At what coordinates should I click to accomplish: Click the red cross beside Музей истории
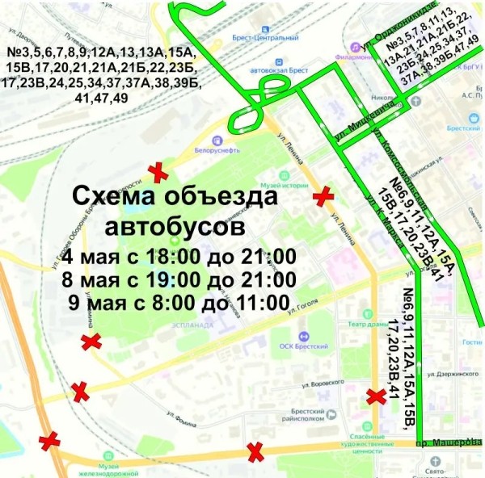coord(323,195)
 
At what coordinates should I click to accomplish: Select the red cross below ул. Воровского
coord(376,396)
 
